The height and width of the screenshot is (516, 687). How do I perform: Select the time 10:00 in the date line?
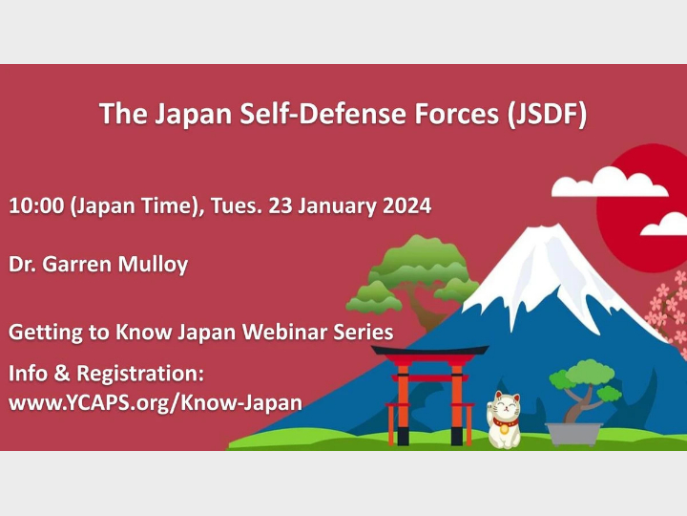[x=35, y=204]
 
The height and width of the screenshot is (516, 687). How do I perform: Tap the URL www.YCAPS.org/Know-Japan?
[x=155, y=402]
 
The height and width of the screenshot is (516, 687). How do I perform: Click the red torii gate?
[x=428, y=392]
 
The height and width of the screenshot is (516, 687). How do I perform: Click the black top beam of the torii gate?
[x=429, y=351]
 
